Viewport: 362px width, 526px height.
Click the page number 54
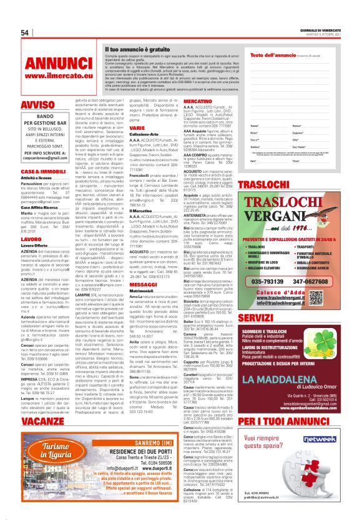click(26, 32)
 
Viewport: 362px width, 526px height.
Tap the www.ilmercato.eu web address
click(51, 77)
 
